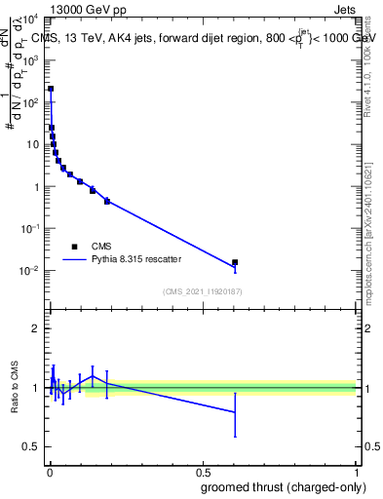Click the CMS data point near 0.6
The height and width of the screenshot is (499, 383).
pyautogui.click(x=235, y=262)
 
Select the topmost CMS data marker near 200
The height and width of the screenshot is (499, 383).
pyautogui.click(x=51, y=89)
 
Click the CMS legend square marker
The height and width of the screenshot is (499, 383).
pyautogui.click(x=74, y=246)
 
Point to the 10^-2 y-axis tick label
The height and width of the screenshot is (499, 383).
pyautogui.click(x=28, y=270)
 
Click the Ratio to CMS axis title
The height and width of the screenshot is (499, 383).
pyautogui.click(x=15, y=387)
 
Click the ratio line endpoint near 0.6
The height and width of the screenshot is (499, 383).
pyautogui.click(x=235, y=412)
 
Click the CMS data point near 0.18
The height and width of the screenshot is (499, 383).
pyautogui.click(x=107, y=201)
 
